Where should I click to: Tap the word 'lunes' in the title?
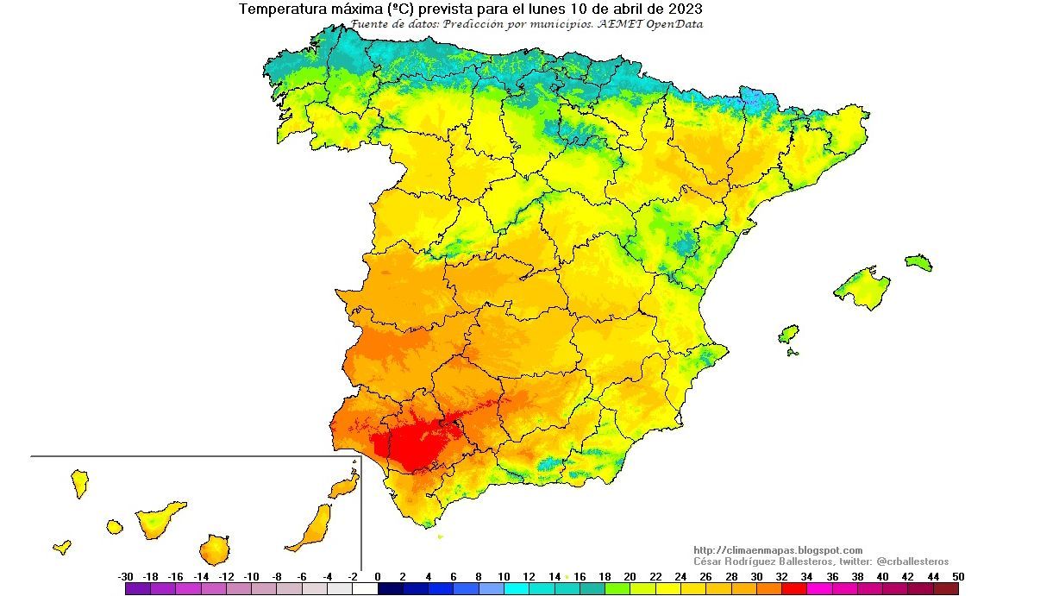coord(544,9)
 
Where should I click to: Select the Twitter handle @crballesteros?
coord(912,561)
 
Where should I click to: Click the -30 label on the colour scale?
coord(125,576)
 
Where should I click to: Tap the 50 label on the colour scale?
coord(958,576)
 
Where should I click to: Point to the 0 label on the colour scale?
coord(378,576)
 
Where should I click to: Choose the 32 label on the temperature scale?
coord(781,576)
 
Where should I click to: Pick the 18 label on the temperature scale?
coord(605,576)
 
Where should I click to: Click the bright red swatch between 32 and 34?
coord(793,589)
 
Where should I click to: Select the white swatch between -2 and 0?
coord(365,589)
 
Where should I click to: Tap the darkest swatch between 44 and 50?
coord(945,589)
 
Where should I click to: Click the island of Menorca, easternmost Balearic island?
coord(919,262)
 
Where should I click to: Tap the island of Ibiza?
coord(788,335)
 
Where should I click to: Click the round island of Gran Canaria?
coord(214,549)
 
